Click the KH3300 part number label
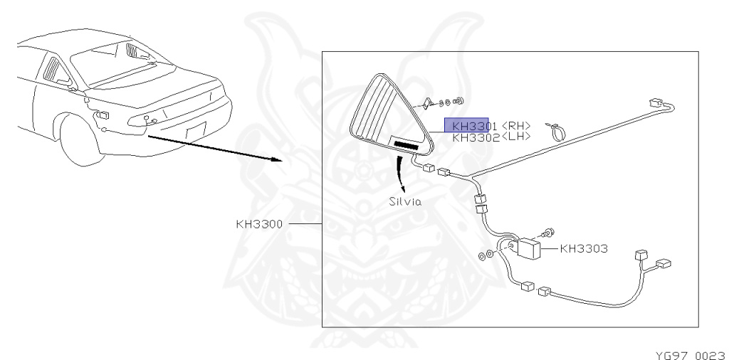coord(259,223)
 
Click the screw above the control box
coord(548,231)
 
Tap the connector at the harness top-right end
coord(656,102)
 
